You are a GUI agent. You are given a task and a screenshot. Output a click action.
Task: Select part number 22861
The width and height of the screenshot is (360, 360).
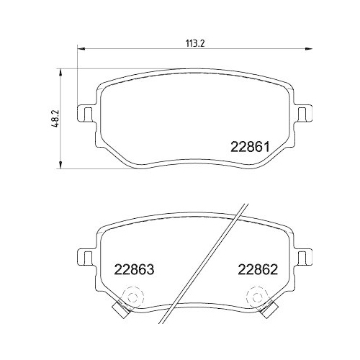249,145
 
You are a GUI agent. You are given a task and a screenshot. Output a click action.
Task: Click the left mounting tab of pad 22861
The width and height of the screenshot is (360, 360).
86,114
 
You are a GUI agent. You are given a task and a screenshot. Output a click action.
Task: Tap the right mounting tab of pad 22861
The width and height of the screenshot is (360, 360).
305,114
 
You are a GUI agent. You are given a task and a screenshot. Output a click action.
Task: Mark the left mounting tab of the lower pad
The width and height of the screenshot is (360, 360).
86,256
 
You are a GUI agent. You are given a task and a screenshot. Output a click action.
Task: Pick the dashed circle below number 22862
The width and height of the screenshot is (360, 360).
256,297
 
